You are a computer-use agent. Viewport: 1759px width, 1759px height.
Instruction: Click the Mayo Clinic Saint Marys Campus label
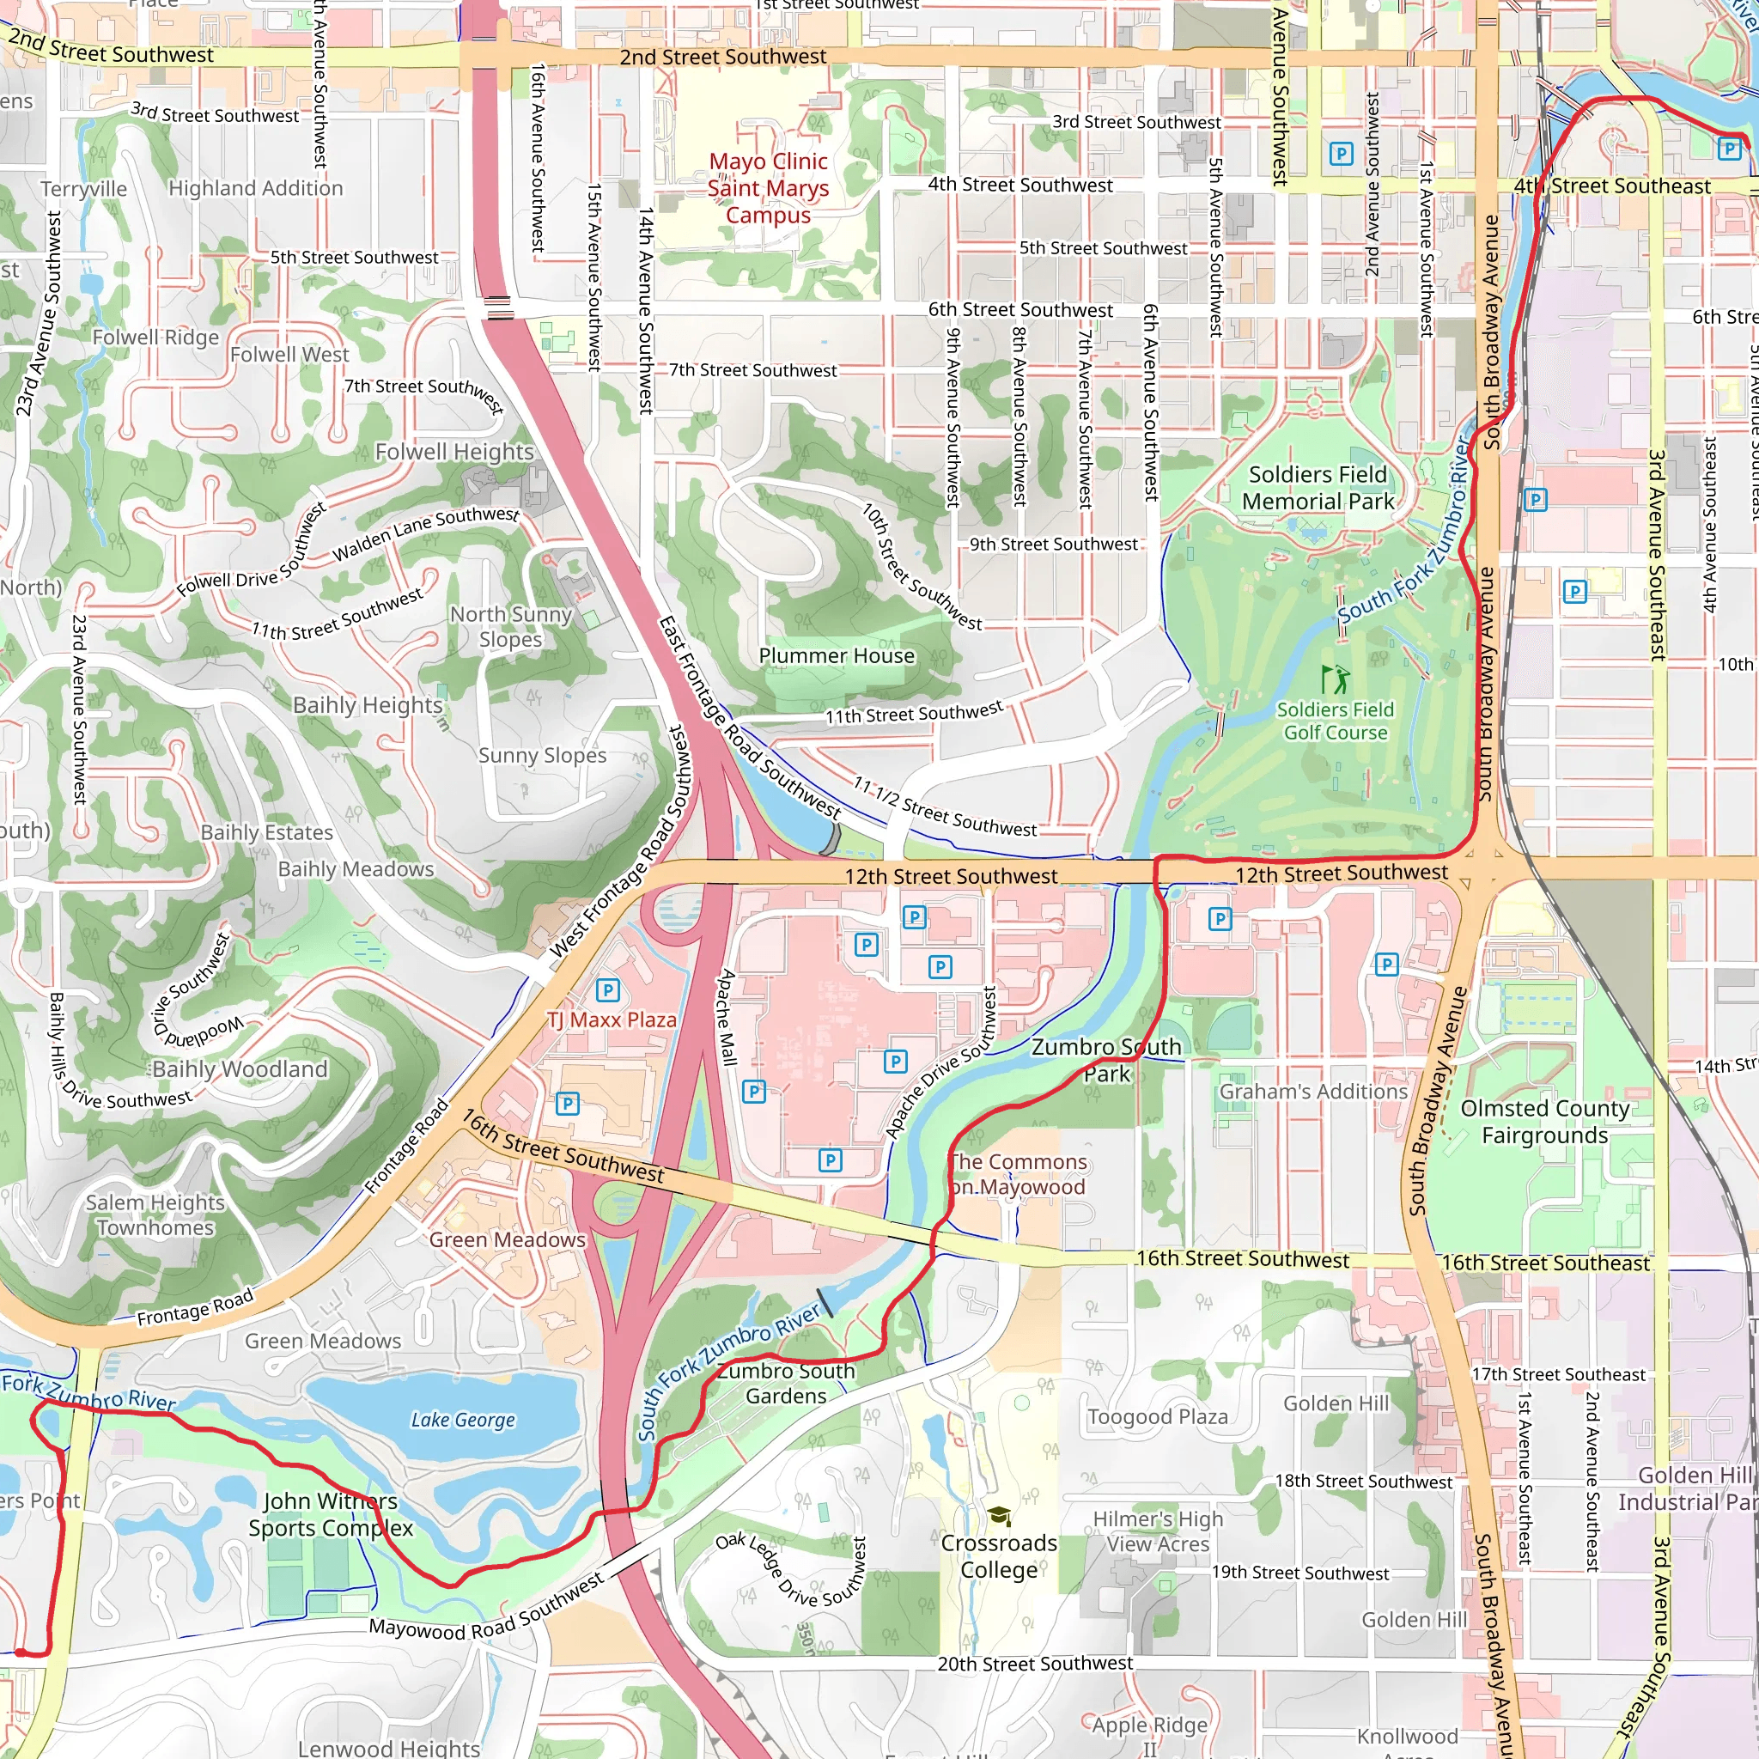pyautogui.click(x=768, y=188)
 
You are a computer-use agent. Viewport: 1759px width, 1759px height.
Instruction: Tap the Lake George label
pyautogui.click(x=463, y=1421)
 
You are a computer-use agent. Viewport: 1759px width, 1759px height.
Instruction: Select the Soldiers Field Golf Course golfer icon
pyautogui.click(x=1336, y=679)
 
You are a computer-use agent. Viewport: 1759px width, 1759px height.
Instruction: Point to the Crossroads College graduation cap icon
pyautogui.click(x=999, y=1516)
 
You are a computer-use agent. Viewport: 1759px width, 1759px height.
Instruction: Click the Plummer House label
pyautogui.click(x=836, y=655)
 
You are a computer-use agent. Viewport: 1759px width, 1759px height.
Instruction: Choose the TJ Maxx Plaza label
pyautogui.click(x=612, y=1019)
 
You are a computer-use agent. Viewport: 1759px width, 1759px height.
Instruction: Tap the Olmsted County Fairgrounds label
pyautogui.click(x=1544, y=1122)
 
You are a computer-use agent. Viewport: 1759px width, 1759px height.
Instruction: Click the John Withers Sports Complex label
pyautogui.click(x=331, y=1514)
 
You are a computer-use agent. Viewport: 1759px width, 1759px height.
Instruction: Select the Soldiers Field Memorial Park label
pyautogui.click(x=1318, y=488)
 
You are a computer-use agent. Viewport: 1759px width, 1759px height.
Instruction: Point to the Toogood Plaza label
pyautogui.click(x=1157, y=1416)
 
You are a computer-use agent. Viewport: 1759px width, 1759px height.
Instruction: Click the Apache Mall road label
pyautogui.click(x=727, y=1017)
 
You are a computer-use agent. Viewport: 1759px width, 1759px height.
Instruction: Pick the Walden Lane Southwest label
pyautogui.click(x=425, y=533)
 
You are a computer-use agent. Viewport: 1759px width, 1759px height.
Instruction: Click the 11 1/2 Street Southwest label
pyautogui.click(x=944, y=806)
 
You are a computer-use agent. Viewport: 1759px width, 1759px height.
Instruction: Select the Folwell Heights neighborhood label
pyautogui.click(x=454, y=452)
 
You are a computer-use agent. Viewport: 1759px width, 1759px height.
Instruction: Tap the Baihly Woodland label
pyautogui.click(x=240, y=1068)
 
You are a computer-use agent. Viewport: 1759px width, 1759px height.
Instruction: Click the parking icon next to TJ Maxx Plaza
pyautogui.click(x=607, y=989)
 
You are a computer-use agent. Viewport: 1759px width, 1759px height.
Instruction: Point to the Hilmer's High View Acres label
pyautogui.click(x=1157, y=1531)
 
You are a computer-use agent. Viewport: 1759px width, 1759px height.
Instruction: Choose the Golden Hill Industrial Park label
pyautogui.click(x=1687, y=1488)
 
